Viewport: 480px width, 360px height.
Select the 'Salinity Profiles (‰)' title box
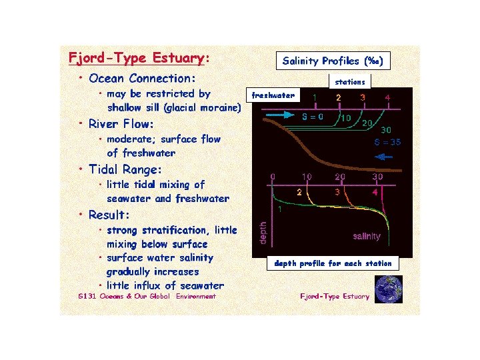pyautogui.click(x=332, y=61)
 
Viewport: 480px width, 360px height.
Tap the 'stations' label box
pyautogui.click(x=350, y=82)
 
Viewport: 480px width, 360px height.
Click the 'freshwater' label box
pyautogui.click(x=273, y=95)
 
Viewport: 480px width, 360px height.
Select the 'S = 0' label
pyautogui.click(x=313, y=117)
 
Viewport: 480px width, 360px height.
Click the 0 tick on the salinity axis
pyautogui.click(x=273, y=177)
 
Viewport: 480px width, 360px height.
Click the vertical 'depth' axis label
pyautogui.click(x=263, y=233)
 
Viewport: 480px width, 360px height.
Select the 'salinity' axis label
pyautogui.click(x=367, y=236)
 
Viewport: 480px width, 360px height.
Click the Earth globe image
pyautogui.click(x=389, y=289)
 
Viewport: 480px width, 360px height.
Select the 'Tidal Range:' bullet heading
pyautogui.click(x=125, y=169)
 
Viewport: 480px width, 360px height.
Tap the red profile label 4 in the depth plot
pyautogui.click(x=375, y=192)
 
